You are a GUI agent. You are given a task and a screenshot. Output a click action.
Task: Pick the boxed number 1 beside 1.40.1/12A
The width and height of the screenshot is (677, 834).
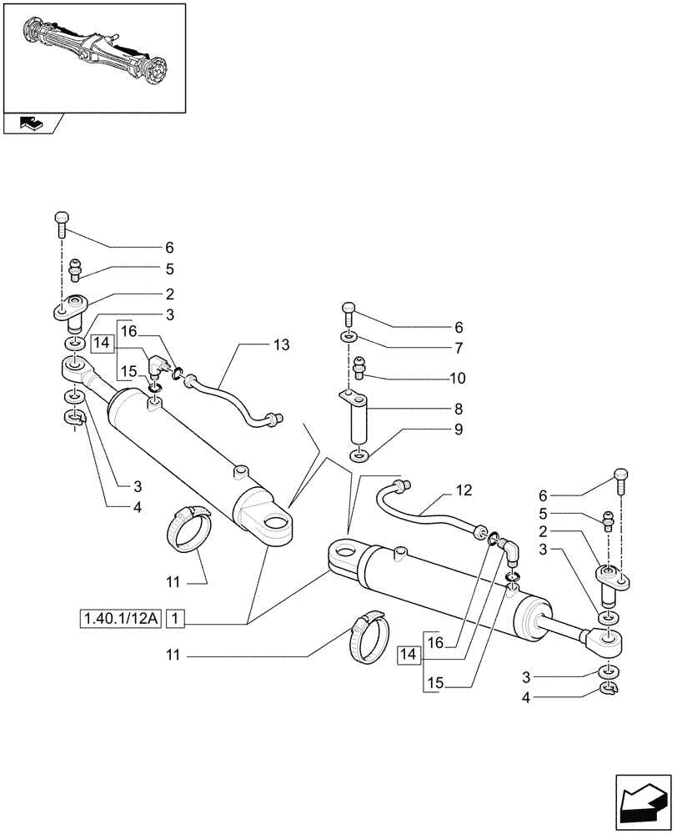click(176, 619)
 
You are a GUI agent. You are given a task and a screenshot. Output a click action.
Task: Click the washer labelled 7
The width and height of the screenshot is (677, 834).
click(348, 337)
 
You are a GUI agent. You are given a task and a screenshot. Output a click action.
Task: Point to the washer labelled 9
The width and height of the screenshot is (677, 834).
click(358, 455)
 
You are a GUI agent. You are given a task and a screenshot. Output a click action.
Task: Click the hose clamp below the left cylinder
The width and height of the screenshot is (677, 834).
click(191, 530)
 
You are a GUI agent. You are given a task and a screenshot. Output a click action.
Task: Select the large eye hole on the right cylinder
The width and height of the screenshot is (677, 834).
click(344, 553)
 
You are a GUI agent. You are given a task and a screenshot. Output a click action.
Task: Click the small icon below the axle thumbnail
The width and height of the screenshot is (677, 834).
click(30, 124)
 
